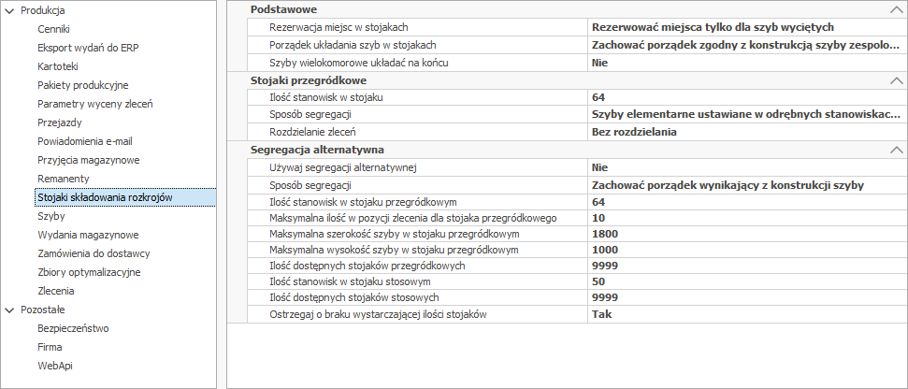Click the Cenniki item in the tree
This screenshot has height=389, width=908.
53,29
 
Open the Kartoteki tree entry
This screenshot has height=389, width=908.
58,66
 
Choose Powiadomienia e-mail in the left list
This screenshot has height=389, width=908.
84,141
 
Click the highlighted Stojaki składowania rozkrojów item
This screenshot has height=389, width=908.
105,197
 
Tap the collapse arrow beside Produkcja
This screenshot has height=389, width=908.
9,10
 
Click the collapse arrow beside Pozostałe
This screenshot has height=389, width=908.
9,310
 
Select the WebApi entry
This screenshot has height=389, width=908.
54,366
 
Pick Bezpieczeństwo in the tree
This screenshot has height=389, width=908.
73,328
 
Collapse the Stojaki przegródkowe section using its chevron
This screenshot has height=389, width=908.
897,81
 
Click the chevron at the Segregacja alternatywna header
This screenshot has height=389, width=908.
897,150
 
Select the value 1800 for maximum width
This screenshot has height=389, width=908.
605,233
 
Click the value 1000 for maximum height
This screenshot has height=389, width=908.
605,250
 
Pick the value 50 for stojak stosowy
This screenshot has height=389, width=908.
598,281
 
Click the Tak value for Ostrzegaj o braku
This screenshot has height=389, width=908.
600,313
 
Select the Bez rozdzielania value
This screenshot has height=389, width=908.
633,132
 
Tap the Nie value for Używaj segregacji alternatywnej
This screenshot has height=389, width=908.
599,167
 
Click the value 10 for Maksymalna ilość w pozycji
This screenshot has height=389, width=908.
598,218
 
